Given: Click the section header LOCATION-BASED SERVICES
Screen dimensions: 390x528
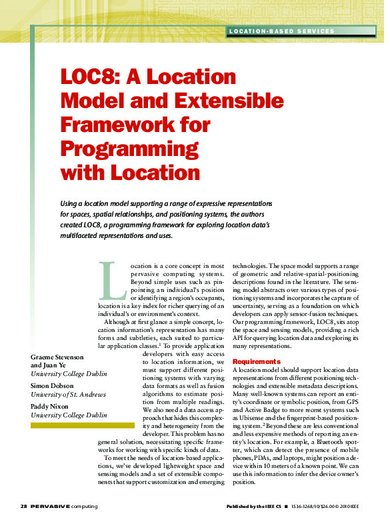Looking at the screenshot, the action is coord(281,31).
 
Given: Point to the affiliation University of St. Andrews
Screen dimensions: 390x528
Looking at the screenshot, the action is coord(68,395).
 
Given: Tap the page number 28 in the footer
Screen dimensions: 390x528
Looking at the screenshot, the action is coord(23,507).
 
